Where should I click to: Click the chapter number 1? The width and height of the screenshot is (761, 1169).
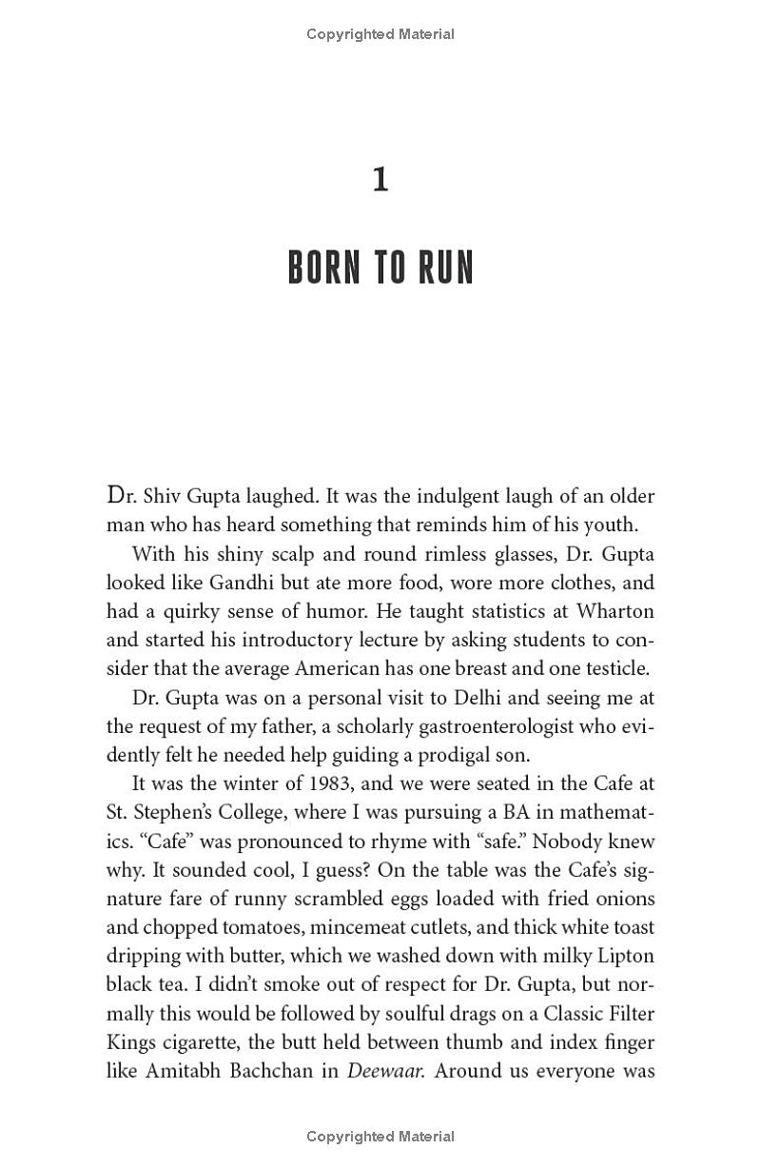[x=380, y=180]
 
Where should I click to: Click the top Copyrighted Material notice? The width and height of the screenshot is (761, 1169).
[x=380, y=34]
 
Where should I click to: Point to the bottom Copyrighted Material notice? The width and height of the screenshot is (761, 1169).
[x=380, y=1136]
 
